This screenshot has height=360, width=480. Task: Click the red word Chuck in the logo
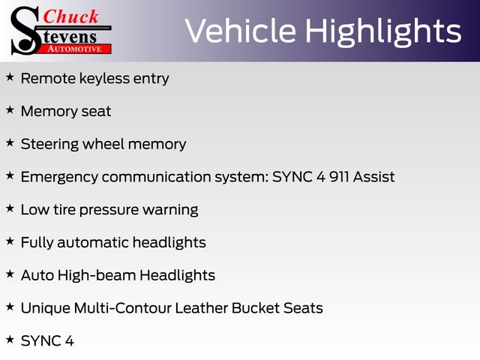pyautogui.click(x=70, y=16)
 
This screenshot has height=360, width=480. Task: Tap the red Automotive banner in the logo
pyautogui.click(x=76, y=49)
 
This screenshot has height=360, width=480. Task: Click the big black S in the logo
pyautogui.click(x=25, y=31)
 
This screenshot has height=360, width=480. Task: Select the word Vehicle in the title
pyautogui.click(x=241, y=31)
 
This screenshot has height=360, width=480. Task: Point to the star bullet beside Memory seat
pyautogui.click(x=10, y=109)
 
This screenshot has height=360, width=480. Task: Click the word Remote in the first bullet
pyautogui.click(x=48, y=78)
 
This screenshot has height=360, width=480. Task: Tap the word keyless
pyautogui.click(x=104, y=78)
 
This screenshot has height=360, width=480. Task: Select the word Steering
pyautogui.click(x=49, y=145)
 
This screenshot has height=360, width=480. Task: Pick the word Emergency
pyautogui.click(x=59, y=178)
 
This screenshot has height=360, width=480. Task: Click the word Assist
pyautogui.click(x=373, y=177)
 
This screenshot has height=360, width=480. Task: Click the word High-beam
pyautogui.click(x=97, y=275)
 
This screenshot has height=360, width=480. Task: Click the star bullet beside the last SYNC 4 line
pyautogui.click(x=10, y=339)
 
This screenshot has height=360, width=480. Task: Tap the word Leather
pyautogui.click(x=202, y=308)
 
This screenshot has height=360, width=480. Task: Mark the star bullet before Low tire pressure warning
pyautogui.click(x=10, y=208)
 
